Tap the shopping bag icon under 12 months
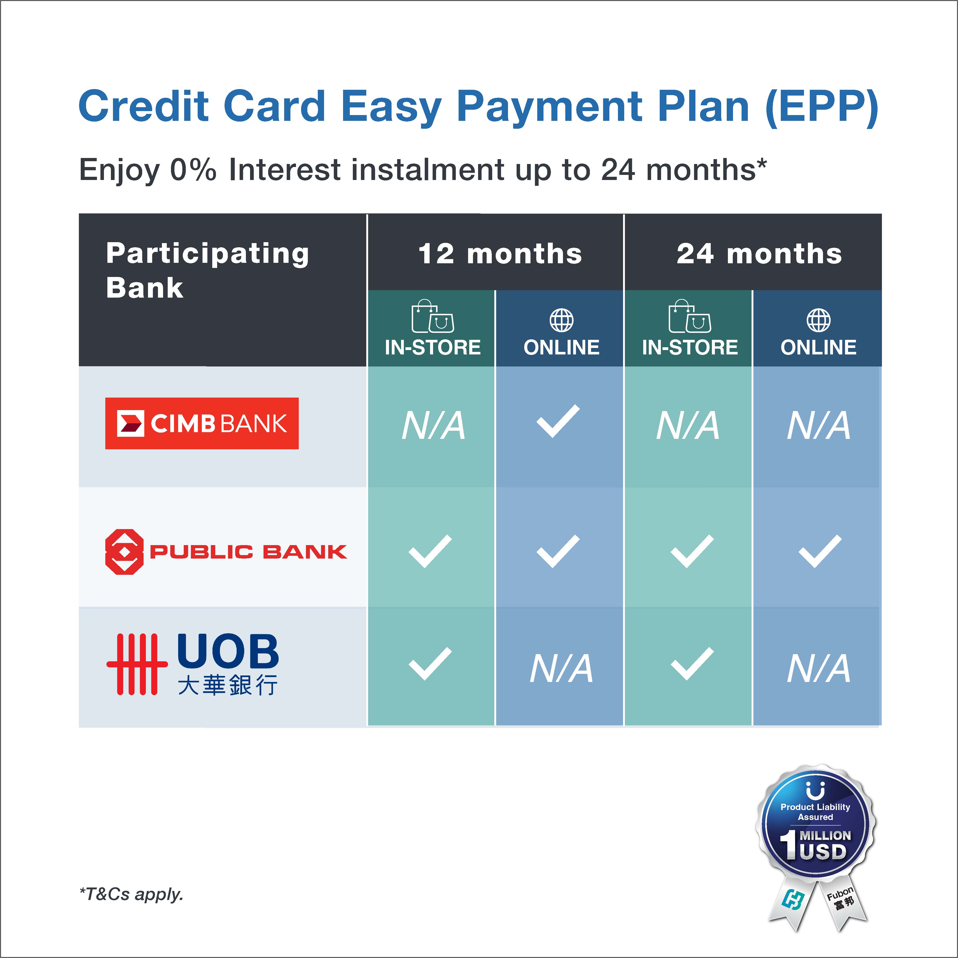[432, 316]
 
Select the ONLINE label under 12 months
[561, 347]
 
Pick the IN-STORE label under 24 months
[690, 347]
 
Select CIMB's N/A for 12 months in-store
[433, 425]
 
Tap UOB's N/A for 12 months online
[561, 668]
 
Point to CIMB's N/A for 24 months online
[819, 425]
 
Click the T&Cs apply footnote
[131, 894]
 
